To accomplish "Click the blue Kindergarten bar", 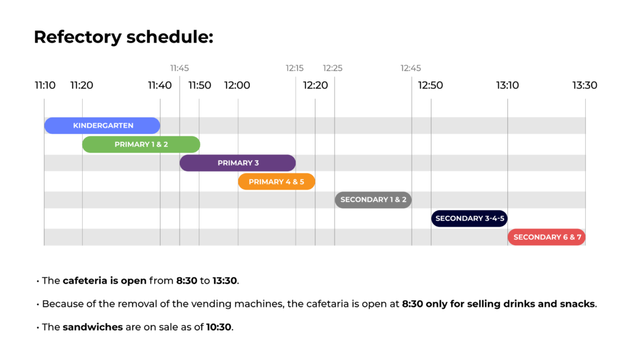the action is [x=102, y=125].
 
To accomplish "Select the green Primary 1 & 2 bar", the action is [x=141, y=144].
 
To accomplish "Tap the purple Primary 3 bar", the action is [x=238, y=163].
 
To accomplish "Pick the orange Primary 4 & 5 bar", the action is [x=276, y=182].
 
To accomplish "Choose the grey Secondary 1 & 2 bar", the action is [x=373, y=200].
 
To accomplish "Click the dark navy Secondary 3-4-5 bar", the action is [x=469, y=219].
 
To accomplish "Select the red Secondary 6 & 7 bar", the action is [x=547, y=237].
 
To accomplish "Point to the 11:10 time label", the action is [x=45, y=85].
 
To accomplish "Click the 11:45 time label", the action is [x=180, y=68].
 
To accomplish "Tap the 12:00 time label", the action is [x=237, y=85].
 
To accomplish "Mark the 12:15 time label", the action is [x=294, y=68].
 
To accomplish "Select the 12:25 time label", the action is [x=333, y=68].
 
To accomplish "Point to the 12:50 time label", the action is [x=430, y=85].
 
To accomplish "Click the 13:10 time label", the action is [x=507, y=85].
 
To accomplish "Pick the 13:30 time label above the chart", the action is [x=585, y=85].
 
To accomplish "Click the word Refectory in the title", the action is [x=77, y=38].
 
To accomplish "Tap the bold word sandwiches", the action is [x=93, y=327].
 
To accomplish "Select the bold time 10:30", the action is [x=219, y=327].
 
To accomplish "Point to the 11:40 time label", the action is [x=160, y=85].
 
